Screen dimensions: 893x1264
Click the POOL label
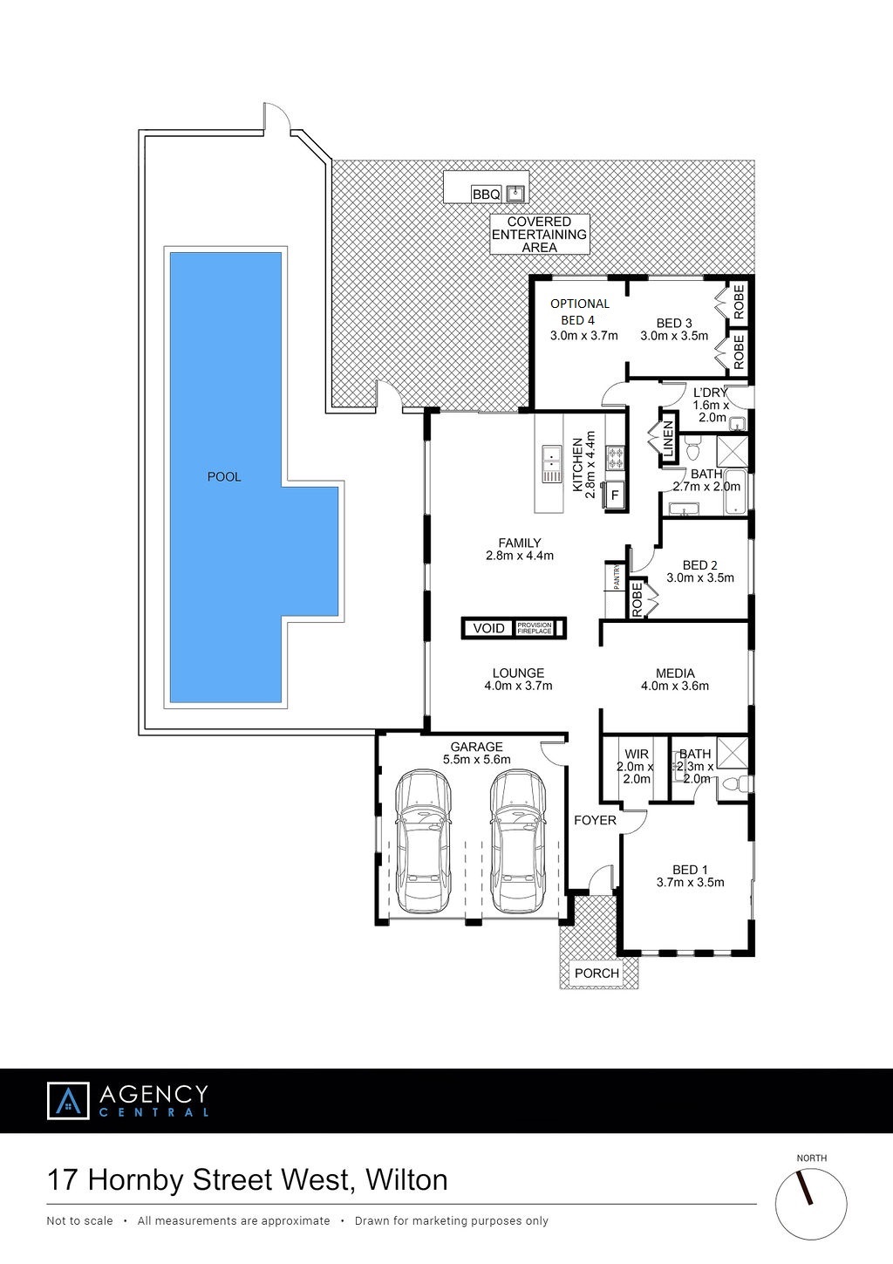point(224,477)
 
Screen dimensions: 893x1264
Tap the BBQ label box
point(487,195)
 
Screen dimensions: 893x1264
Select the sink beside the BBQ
point(515,194)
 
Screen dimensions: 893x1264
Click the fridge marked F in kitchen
point(616,495)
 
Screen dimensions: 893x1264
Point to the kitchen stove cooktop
point(614,458)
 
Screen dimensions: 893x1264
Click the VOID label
point(489,628)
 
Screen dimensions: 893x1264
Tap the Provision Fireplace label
point(535,628)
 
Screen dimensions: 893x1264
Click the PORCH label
point(596,973)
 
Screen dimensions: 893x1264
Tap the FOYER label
point(595,821)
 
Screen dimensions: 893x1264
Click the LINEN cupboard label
point(669,440)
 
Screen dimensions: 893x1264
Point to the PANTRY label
point(616,577)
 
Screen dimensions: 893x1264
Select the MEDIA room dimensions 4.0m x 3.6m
point(675,687)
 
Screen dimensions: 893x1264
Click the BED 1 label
point(690,870)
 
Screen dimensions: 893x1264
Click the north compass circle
point(811,1204)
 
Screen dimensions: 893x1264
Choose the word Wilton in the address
point(406,1180)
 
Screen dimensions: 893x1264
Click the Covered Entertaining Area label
point(539,234)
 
